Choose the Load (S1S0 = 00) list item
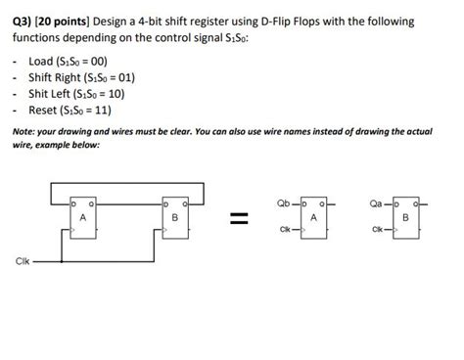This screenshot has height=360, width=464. coord(69,61)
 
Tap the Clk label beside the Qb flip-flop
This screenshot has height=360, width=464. coord(285,230)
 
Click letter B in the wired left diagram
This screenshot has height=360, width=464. coord(172,217)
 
